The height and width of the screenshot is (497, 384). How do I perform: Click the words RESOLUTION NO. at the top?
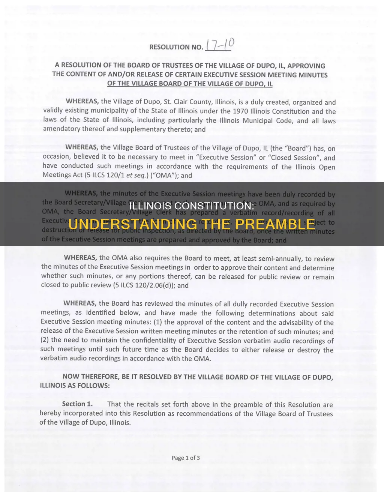176,47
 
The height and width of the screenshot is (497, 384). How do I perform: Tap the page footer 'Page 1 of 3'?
186,458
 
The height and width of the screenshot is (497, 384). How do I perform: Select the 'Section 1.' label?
77,404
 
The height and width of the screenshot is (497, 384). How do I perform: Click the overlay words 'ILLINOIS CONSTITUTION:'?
192,206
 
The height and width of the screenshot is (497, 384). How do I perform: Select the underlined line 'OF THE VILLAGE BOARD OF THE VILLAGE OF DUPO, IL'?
190,83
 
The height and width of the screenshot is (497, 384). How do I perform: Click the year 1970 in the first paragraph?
240,111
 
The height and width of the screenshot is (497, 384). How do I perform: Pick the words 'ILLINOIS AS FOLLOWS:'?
75,385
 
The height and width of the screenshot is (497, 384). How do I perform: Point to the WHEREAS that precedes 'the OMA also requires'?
81,257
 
